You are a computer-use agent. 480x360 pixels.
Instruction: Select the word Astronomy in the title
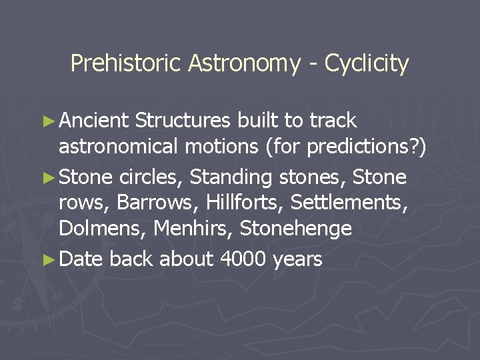coord(244,64)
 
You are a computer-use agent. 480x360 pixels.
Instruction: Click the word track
coord(331,121)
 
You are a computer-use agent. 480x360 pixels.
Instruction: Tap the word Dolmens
coord(103,229)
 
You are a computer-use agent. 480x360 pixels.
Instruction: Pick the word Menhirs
coord(193,229)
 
